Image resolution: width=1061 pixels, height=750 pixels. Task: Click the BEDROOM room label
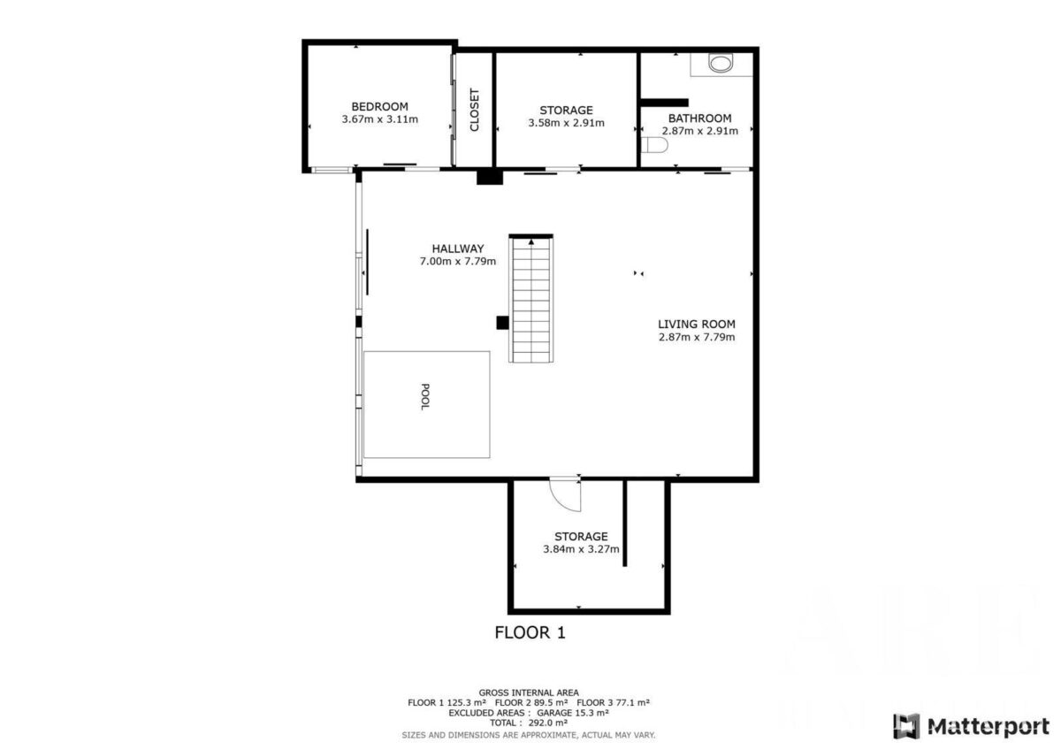(x=379, y=107)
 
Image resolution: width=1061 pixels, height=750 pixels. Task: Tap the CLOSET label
(x=474, y=110)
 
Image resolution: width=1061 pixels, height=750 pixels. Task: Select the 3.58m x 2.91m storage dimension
(x=566, y=123)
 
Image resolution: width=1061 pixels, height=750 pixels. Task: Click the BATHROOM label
(x=699, y=118)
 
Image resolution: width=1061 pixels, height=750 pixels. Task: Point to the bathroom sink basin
(x=721, y=63)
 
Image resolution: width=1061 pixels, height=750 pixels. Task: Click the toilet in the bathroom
(x=654, y=145)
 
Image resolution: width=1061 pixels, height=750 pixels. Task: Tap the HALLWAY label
(x=458, y=249)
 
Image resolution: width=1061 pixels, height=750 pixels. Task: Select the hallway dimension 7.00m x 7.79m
(x=458, y=261)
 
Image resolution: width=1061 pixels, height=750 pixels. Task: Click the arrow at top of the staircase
(x=531, y=241)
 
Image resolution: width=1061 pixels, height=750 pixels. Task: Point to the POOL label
(x=425, y=397)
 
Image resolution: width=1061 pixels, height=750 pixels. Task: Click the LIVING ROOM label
(x=697, y=324)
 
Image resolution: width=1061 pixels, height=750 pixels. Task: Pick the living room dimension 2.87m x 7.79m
(x=697, y=337)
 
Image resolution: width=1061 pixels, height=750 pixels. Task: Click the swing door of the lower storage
(x=565, y=495)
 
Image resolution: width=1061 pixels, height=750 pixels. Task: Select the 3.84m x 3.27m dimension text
(x=581, y=549)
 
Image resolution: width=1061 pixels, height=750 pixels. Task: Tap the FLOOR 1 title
(x=530, y=632)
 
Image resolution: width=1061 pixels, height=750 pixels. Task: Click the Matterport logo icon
(x=906, y=726)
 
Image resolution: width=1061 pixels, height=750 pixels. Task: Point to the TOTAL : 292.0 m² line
(x=528, y=723)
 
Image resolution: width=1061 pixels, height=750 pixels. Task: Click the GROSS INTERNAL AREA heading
(x=529, y=693)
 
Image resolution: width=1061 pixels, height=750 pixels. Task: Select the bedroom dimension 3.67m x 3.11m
(x=379, y=119)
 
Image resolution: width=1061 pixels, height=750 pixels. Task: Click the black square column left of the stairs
(x=502, y=323)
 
